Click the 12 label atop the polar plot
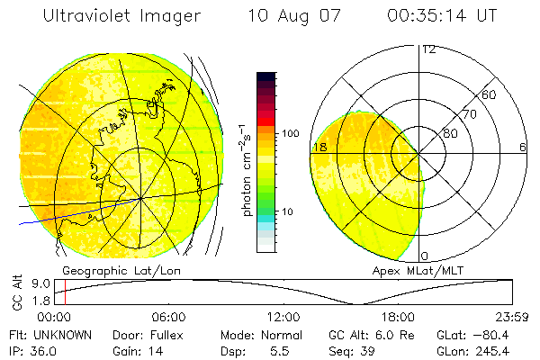click(428, 49)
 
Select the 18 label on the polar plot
click(319, 147)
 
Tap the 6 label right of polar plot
click(522, 147)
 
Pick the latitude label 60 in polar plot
click(490, 94)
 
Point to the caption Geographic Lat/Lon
click(107, 270)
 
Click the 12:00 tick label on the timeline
click(283, 317)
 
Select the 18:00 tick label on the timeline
click(399, 317)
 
